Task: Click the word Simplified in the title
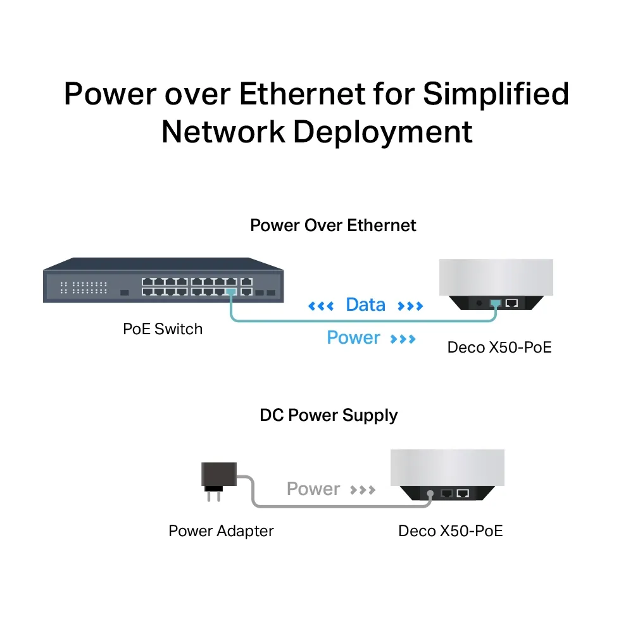pos(496,94)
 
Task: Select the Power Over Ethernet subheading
pos(333,225)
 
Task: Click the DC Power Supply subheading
pos(329,415)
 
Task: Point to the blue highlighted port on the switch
pos(230,292)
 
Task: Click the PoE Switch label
pos(163,329)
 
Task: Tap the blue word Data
pos(365,305)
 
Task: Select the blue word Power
pos(353,338)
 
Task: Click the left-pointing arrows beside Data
pos(320,307)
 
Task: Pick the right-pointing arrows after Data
pos(410,307)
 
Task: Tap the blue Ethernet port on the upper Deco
pos(496,303)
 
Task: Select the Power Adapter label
pos(221,530)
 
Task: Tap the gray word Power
pos(313,489)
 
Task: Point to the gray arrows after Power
pos(363,490)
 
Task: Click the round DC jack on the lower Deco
pos(430,492)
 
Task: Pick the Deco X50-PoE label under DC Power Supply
pos(450,530)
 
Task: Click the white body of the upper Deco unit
pos(496,277)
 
